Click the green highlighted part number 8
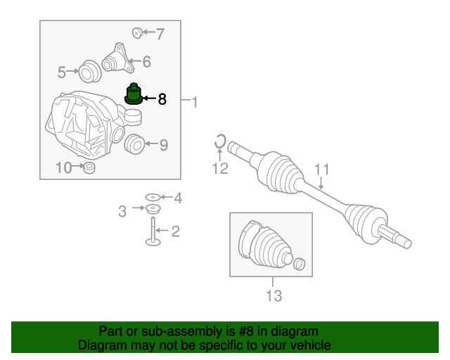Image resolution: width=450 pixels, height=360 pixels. point(134,94)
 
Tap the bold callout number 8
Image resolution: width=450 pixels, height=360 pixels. point(162,99)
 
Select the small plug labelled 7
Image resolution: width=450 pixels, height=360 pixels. point(137,33)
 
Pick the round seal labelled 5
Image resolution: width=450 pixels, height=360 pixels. point(90,72)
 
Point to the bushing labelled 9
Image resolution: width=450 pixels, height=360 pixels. point(134,144)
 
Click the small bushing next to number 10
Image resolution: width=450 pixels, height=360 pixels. point(89,168)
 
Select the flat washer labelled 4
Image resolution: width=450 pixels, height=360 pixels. point(153,197)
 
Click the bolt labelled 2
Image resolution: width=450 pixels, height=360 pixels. point(153,232)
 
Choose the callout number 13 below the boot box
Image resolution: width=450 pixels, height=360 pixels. point(274,295)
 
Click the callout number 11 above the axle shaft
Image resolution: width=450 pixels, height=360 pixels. point(322,169)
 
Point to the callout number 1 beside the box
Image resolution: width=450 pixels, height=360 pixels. point(195,102)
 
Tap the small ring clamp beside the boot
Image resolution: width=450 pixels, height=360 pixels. point(300,264)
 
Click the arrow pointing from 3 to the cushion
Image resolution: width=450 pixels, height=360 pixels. point(139,207)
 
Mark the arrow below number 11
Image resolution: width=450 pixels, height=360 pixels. point(321,183)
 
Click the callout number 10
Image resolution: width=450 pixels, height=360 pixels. point(64,167)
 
